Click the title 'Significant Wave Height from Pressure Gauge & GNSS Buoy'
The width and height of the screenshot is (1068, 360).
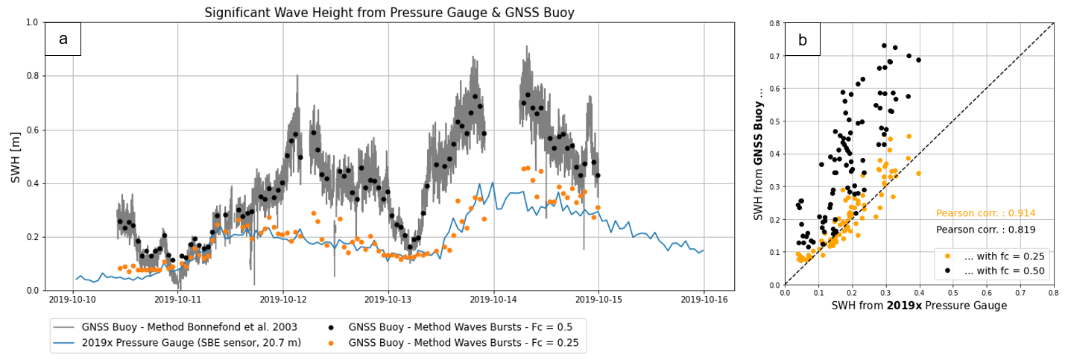click(x=389, y=13)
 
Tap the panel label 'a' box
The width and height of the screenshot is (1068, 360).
click(x=63, y=40)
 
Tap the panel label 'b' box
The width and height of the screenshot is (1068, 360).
click(x=802, y=40)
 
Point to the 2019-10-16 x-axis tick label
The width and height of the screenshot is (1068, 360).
click(x=704, y=299)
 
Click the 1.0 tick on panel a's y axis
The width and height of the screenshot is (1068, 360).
click(x=32, y=22)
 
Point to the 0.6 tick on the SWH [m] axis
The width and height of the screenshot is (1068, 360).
click(x=32, y=130)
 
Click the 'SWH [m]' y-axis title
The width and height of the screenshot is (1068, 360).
click(x=14, y=156)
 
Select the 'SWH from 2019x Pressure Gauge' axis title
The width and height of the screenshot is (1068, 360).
click(x=919, y=306)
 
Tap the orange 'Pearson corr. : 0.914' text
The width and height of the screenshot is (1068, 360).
click(x=985, y=213)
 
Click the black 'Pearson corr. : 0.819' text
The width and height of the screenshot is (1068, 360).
click(x=985, y=230)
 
